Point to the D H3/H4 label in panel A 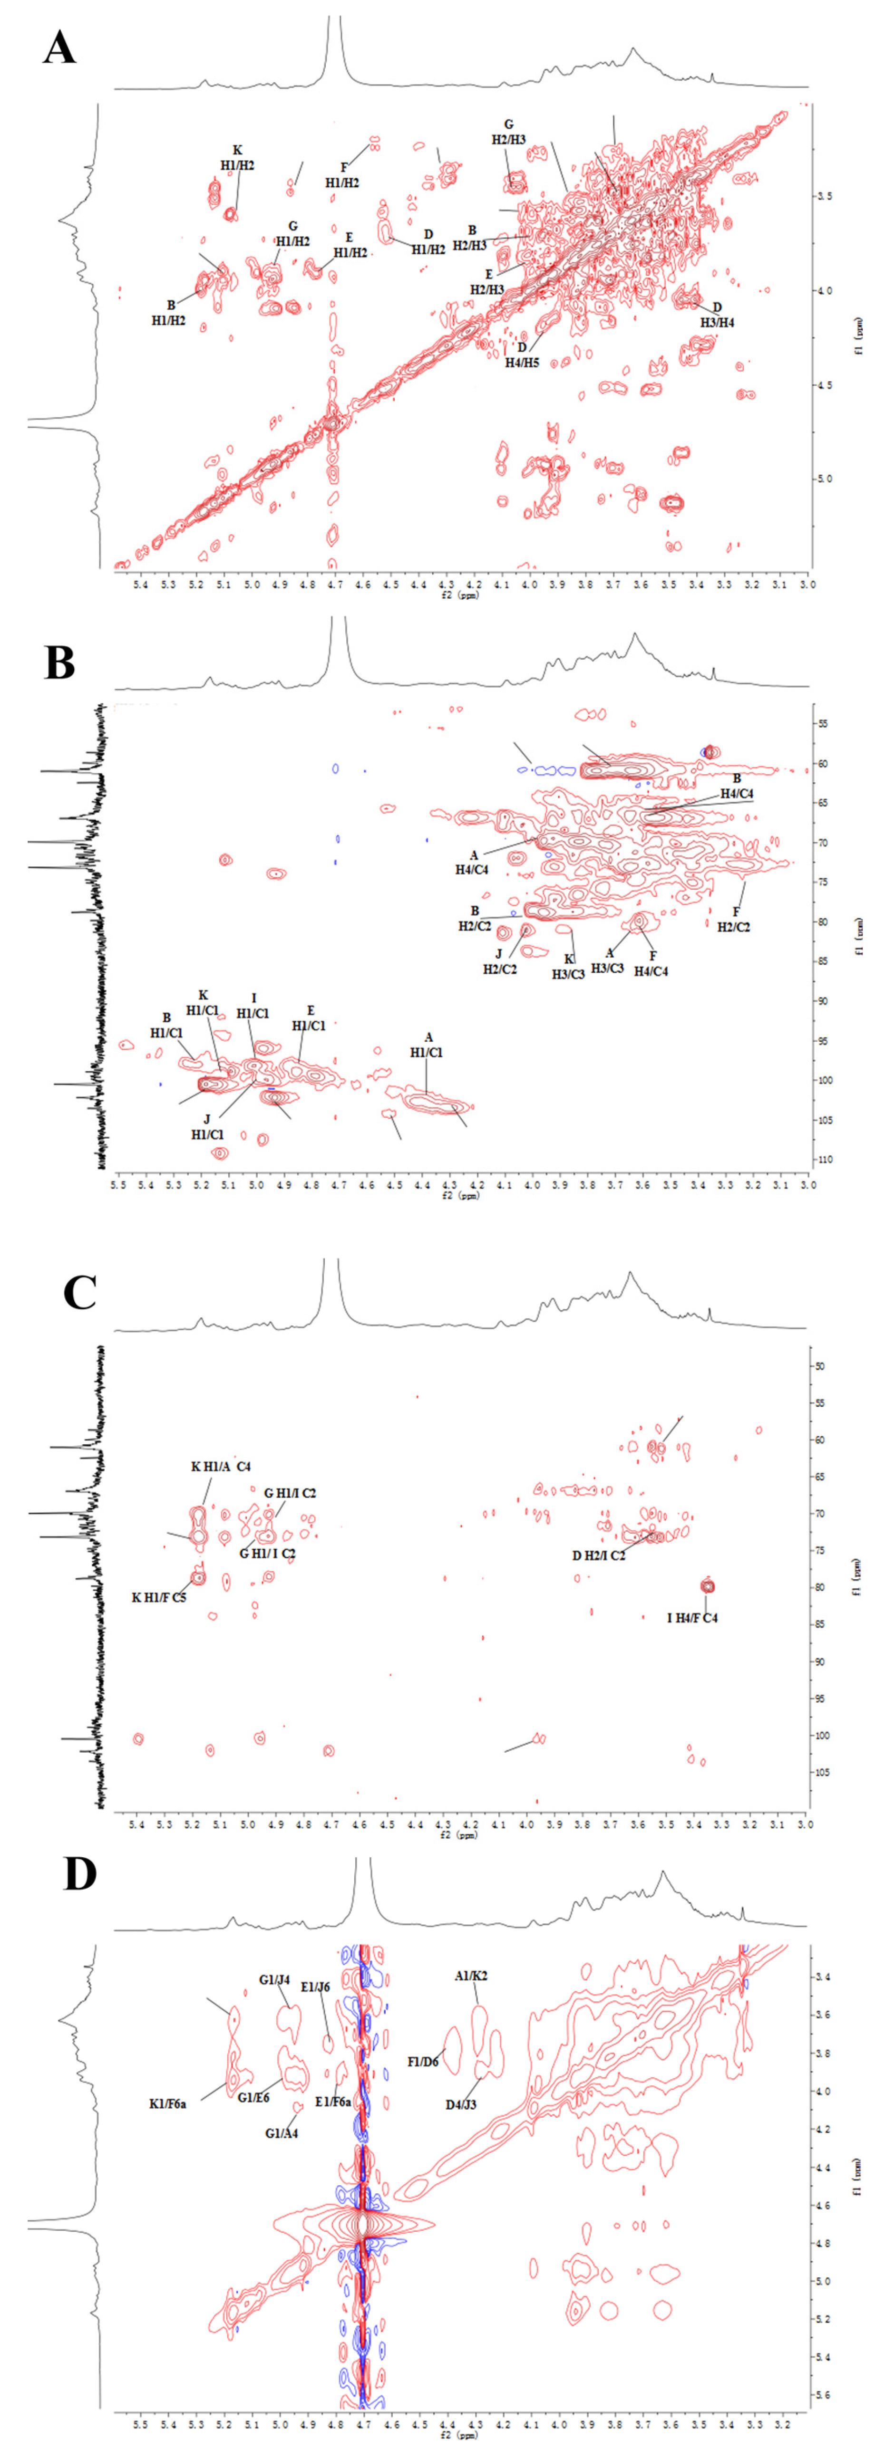pyautogui.click(x=717, y=315)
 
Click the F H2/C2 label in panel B pyautogui.click(x=735, y=919)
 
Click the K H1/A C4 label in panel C pyautogui.click(x=221, y=1467)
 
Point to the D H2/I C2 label pyautogui.click(x=599, y=1555)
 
